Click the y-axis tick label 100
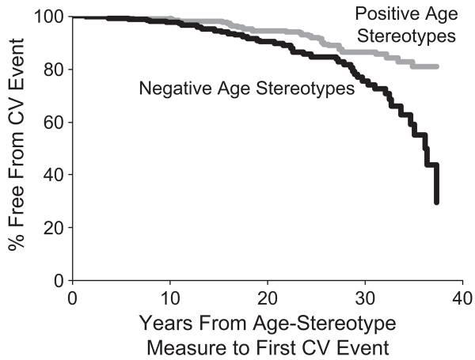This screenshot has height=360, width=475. click(47, 17)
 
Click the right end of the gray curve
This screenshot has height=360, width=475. click(436, 66)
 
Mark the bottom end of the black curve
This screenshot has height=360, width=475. click(436, 203)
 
